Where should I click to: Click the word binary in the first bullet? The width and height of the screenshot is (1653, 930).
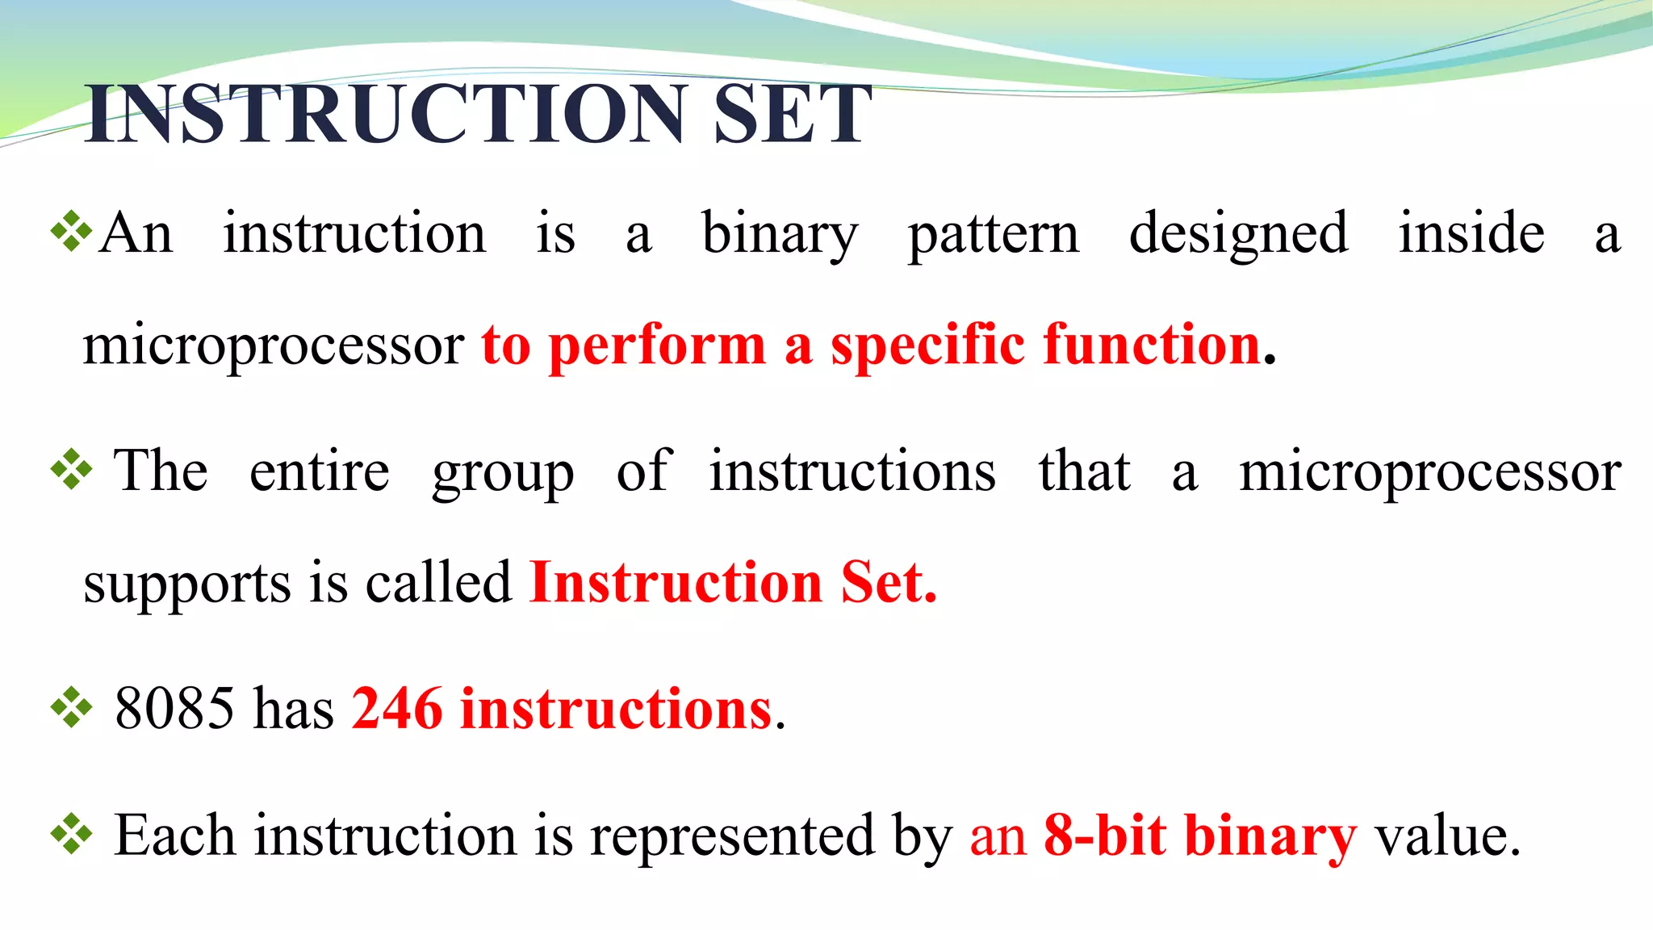[780, 234]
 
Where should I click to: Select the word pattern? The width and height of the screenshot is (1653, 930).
[993, 234]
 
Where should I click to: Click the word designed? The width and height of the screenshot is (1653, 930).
[1238, 234]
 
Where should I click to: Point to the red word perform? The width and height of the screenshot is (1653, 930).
[657, 346]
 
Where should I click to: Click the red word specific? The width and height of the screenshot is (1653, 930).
[927, 346]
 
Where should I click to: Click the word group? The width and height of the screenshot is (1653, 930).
[503, 473]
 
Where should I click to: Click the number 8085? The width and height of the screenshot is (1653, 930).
[174, 708]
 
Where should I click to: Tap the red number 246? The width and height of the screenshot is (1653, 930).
[397, 708]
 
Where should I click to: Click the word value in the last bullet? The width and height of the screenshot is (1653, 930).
[1447, 836]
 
